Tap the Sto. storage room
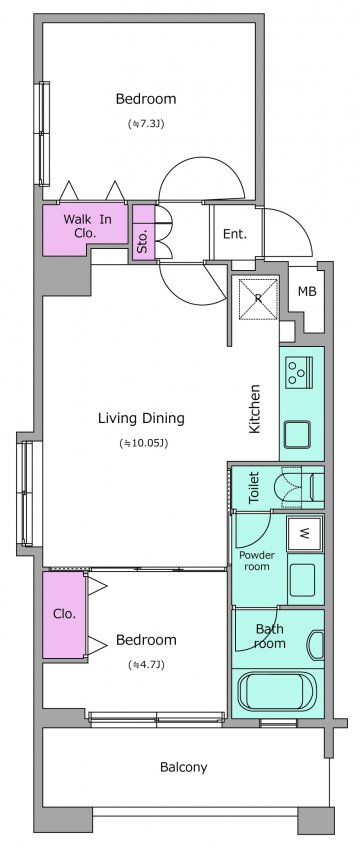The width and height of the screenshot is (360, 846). tap(144, 233)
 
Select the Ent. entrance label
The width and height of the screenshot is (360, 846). tap(235, 234)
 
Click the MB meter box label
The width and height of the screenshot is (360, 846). tap(307, 292)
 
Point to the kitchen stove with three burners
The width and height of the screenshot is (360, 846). tap(298, 371)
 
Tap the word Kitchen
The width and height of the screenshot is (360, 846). tap(254, 409)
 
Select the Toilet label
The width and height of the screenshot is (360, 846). tap(254, 488)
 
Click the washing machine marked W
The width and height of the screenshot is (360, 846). tap(305, 534)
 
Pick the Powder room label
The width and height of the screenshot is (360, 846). tap(257, 561)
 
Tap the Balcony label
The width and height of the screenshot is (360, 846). tap(184, 767)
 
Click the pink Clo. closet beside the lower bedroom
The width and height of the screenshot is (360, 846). tap(64, 615)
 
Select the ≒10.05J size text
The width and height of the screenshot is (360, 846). tap(144, 443)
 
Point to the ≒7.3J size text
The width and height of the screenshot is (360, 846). tap(146, 124)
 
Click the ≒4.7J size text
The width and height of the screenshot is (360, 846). tap(146, 665)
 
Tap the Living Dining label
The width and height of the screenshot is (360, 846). tap(141, 418)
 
